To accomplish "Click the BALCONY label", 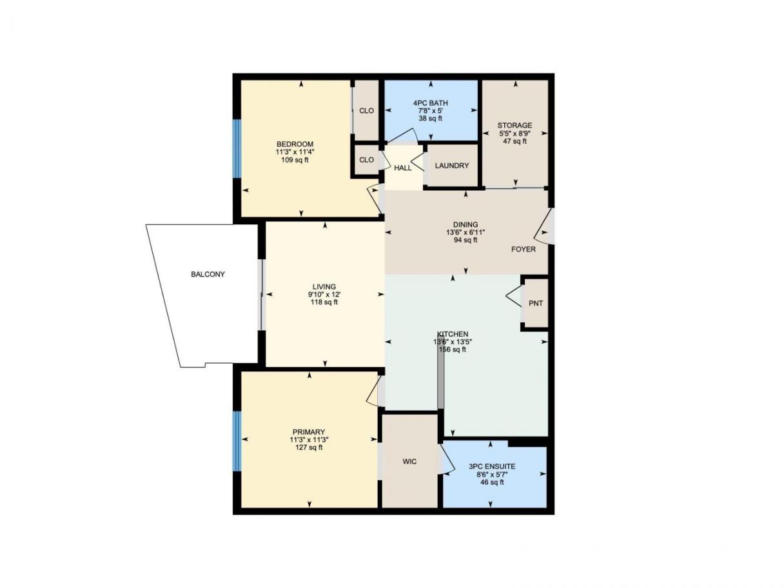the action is [x=208, y=274].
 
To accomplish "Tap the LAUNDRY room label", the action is [x=451, y=166].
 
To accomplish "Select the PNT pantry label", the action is [x=535, y=303].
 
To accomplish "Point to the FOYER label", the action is [x=524, y=250].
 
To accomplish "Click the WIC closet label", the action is [x=409, y=462].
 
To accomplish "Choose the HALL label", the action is [x=402, y=168].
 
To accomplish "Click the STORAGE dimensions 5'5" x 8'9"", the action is [x=514, y=133].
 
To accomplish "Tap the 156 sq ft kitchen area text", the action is [x=453, y=349].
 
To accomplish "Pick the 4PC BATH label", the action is [x=431, y=103].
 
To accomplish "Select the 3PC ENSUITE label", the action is [x=492, y=466].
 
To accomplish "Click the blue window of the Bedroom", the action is [x=237, y=148].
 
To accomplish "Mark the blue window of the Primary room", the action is [x=237, y=441].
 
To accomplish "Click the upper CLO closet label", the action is [x=366, y=111].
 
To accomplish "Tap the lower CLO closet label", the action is [x=366, y=160].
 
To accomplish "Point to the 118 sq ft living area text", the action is [x=324, y=302].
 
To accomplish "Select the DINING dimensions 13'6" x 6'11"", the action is [x=465, y=232].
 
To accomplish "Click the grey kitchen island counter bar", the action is [x=441, y=377].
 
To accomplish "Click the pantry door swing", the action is [x=513, y=295].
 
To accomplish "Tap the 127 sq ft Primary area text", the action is [x=309, y=447].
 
